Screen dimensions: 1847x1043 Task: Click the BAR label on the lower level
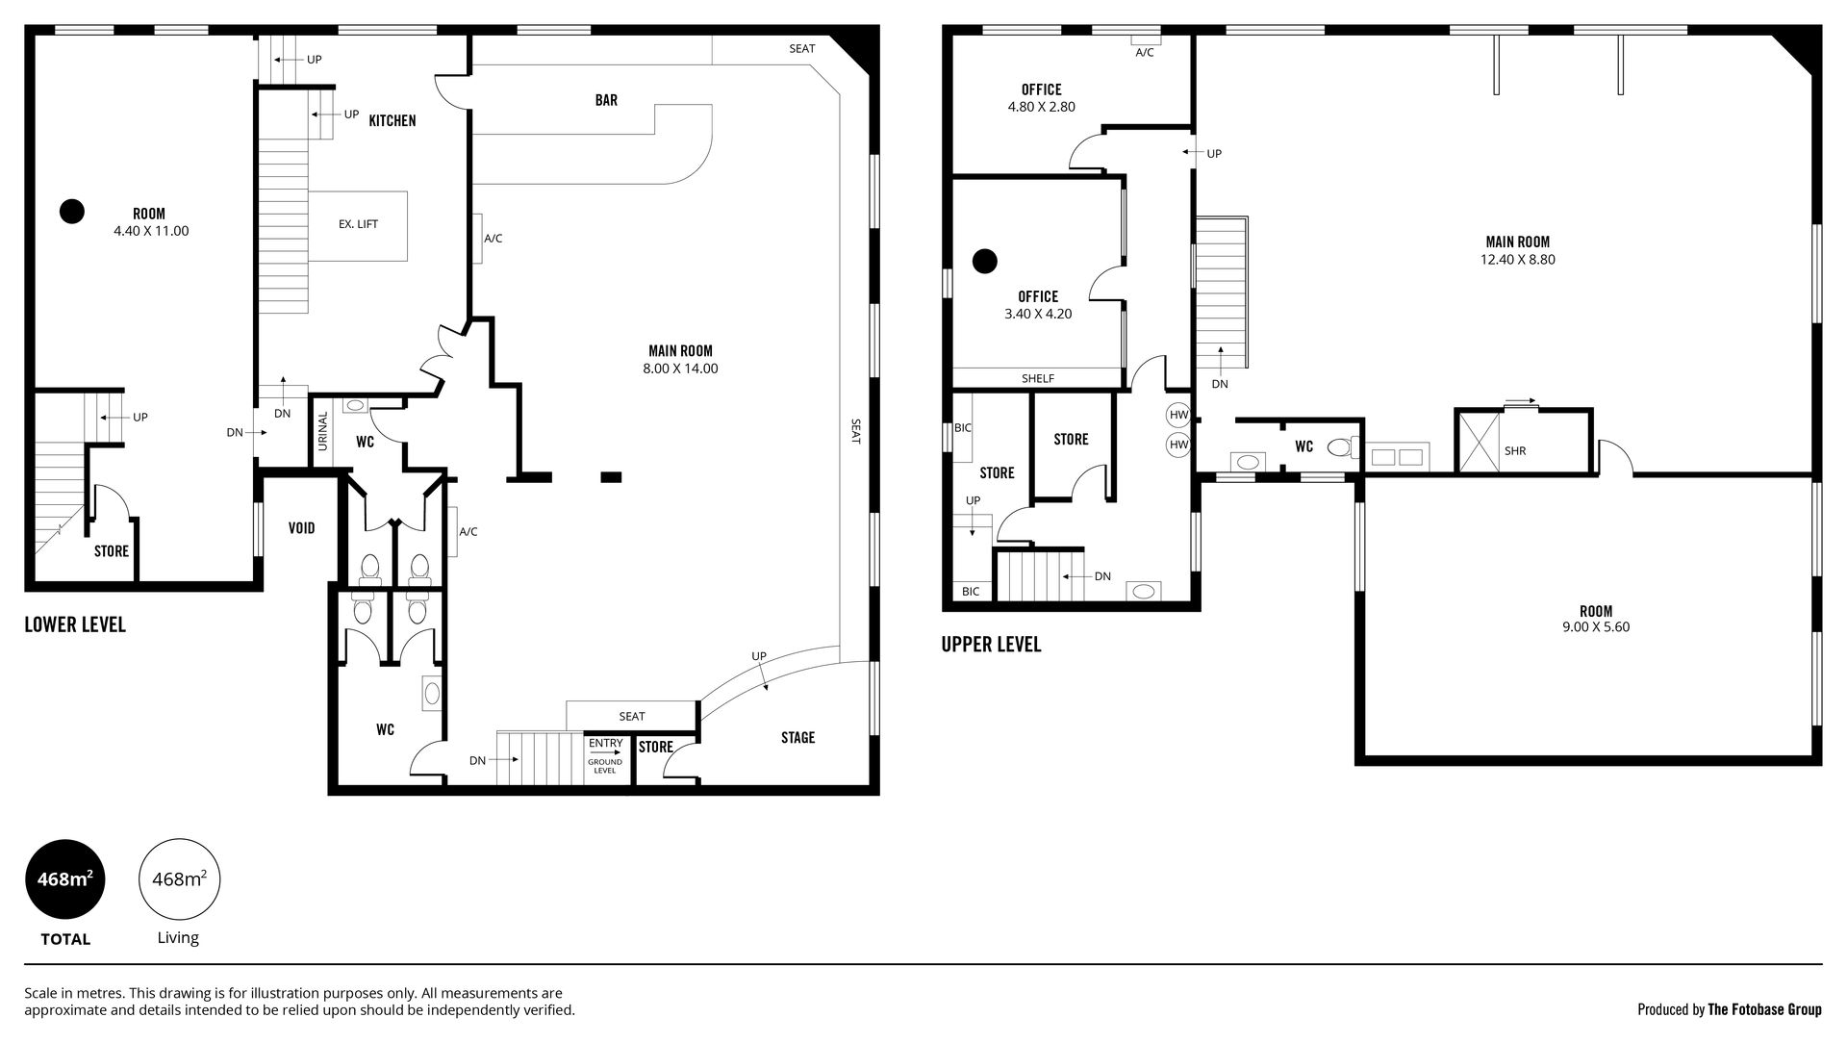tap(606, 100)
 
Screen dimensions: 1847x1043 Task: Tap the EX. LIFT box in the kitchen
tap(358, 225)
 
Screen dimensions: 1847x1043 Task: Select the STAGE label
tap(797, 738)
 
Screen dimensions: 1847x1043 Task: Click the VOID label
tap(302, 528)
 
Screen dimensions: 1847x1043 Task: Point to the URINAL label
tap(323, 431)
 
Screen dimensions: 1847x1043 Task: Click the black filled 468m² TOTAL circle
tap(64, 879)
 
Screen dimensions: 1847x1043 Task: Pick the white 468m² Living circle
tap(180, 879)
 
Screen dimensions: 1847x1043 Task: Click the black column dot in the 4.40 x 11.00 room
tap(72, 211)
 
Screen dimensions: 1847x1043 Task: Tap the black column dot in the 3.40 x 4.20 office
tap(984, 261)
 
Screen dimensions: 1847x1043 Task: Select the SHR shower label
tap(1515, 450)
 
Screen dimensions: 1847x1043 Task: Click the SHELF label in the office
tap(1038, 379)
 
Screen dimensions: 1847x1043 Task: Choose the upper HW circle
tap(1178, 416)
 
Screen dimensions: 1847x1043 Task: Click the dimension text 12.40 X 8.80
tap(1518, 260)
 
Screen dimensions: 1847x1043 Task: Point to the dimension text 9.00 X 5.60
tap(1596, 627)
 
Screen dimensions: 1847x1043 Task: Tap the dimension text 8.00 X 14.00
tap(681, 369)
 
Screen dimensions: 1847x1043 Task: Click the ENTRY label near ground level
tap(605, 743)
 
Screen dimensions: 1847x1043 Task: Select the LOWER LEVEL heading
tap(75, 624)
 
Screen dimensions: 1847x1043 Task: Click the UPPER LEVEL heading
tap(992, 645)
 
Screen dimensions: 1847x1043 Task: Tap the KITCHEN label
tap(392, 121)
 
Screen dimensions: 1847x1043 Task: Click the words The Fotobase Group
tap(1764, 1009)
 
